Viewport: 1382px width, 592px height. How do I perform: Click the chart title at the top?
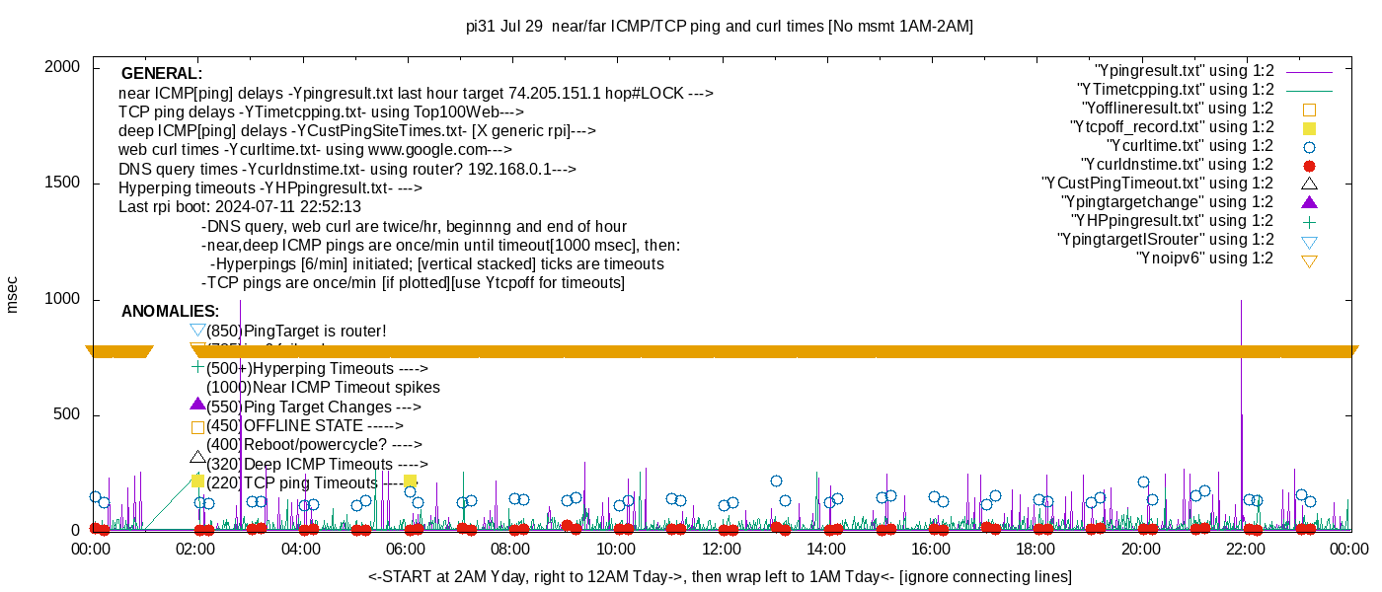[719, 27]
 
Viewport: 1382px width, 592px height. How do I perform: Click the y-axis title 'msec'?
[13, 294]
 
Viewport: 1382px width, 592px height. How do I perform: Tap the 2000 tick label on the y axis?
[64, 67]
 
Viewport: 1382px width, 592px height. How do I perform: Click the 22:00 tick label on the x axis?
[1246, 549]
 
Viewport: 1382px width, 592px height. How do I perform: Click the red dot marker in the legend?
[1310, 166]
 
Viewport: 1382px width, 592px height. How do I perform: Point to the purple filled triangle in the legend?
[1310, 202]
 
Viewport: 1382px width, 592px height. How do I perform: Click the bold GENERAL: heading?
[161, 74]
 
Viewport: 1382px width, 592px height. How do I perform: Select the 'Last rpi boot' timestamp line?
[240, 207]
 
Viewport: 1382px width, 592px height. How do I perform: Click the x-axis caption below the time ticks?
[720, 576]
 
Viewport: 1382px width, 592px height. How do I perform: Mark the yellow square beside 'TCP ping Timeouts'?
[197, 481]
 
